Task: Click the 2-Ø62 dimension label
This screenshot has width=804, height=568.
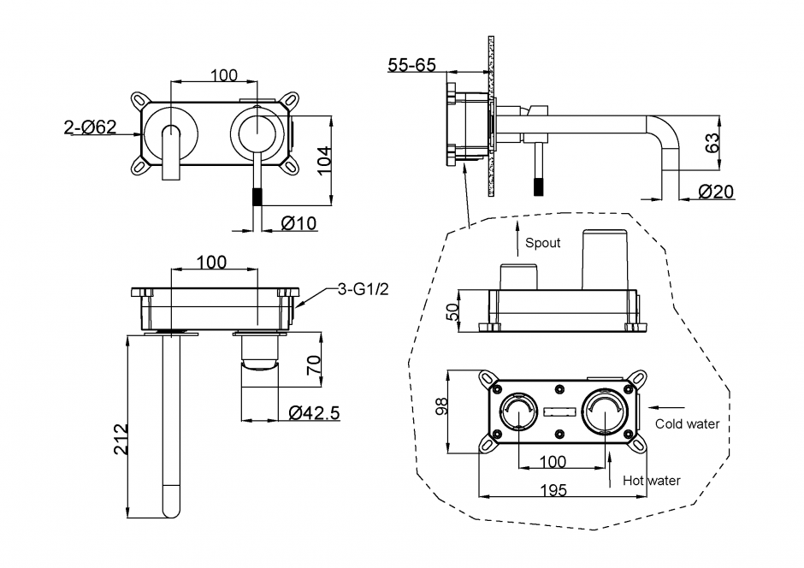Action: (90, 128)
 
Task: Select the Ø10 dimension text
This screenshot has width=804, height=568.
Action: (299, 224)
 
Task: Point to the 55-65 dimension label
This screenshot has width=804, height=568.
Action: (413, 65)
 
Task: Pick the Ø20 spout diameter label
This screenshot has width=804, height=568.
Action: (716, 192)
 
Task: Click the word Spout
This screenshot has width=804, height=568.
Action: (543, 243)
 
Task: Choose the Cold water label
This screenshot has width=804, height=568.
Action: (688, 423)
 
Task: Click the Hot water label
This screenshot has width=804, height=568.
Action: (652, 481)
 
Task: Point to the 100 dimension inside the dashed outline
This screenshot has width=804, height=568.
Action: (554, 462)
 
